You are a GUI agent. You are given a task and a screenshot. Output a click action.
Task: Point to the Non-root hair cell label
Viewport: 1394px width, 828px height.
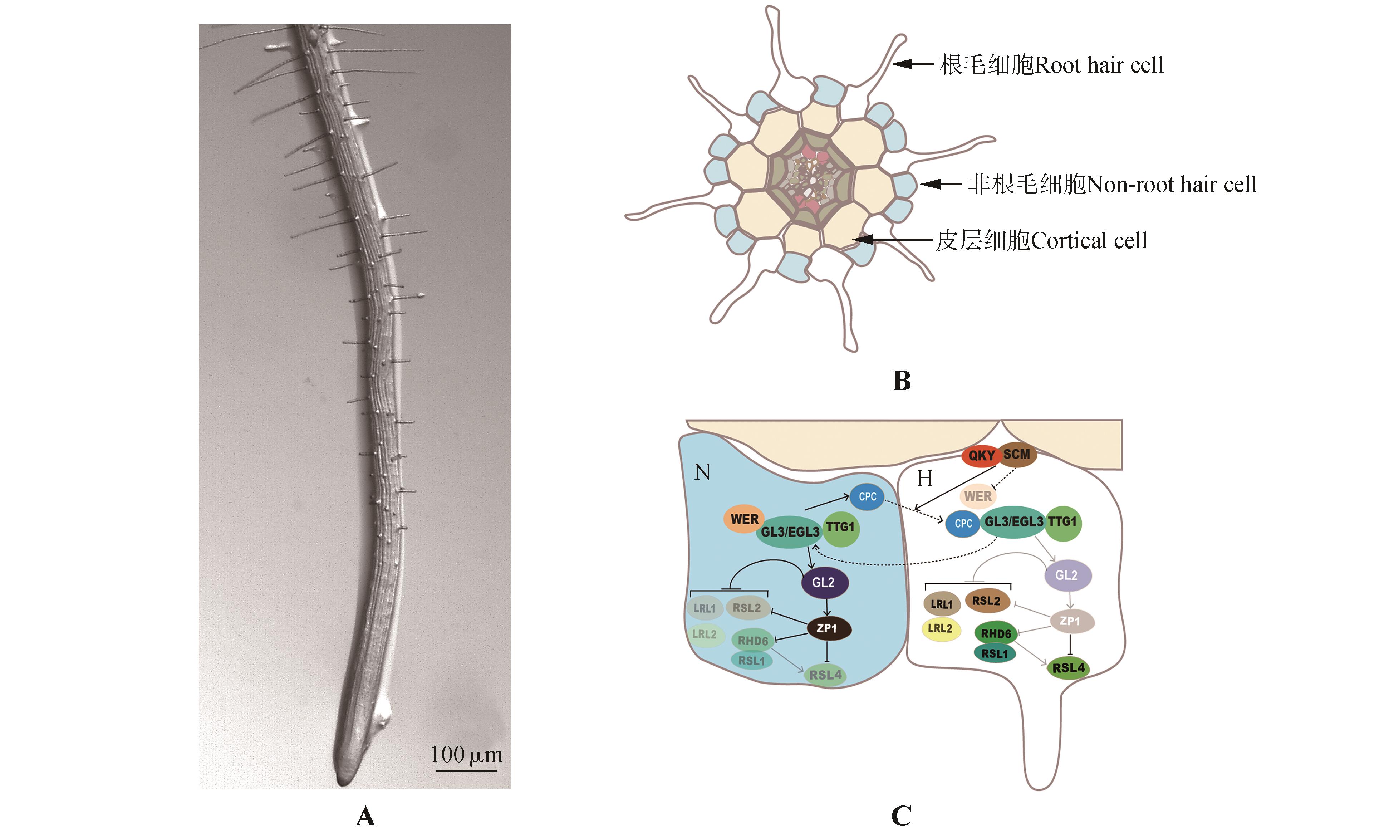tap(1112, 185)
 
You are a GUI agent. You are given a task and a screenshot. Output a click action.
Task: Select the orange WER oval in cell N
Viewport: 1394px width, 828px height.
tap(744, 519)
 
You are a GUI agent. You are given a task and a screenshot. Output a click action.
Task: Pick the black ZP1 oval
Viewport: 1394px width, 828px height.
tap(828, 628)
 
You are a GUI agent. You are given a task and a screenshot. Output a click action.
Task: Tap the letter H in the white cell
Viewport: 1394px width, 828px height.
tap(925, 479)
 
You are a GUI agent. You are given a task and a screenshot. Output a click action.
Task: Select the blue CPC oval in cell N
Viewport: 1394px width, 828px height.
tap(867, 496)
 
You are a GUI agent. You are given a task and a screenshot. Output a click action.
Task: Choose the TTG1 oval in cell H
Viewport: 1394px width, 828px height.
tap(1062, 522)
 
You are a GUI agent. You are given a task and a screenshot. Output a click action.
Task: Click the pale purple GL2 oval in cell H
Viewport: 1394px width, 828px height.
tap(1066, 575)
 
